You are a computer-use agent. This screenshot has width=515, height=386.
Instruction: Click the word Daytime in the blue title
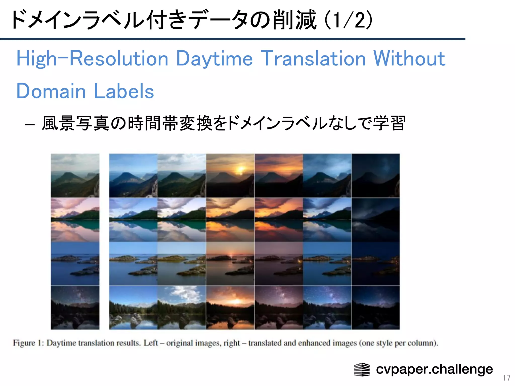pos(214,59)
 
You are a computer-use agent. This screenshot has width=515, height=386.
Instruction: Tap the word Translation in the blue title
pos(313,58)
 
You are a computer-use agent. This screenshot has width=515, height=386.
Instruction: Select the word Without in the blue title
pos(409,58)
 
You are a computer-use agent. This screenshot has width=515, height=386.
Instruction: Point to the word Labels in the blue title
pos(124,91)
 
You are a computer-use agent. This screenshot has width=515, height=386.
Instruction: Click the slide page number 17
pos(506,378)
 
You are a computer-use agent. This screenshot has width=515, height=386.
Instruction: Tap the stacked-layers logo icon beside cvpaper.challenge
pos(362,369)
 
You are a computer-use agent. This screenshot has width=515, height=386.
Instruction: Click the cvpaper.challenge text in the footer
pos(434,369)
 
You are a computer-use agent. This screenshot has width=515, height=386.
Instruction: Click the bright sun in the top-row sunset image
pos(241,169)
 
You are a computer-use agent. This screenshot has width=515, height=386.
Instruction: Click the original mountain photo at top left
pos(75,175)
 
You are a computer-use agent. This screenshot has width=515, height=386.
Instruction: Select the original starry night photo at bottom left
pos(75,307)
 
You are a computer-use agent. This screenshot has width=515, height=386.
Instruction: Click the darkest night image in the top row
pos(375,175)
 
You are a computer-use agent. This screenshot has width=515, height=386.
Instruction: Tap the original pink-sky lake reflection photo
pos(75,219)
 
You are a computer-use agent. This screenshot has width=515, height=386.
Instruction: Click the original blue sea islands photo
pos(75,263)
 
